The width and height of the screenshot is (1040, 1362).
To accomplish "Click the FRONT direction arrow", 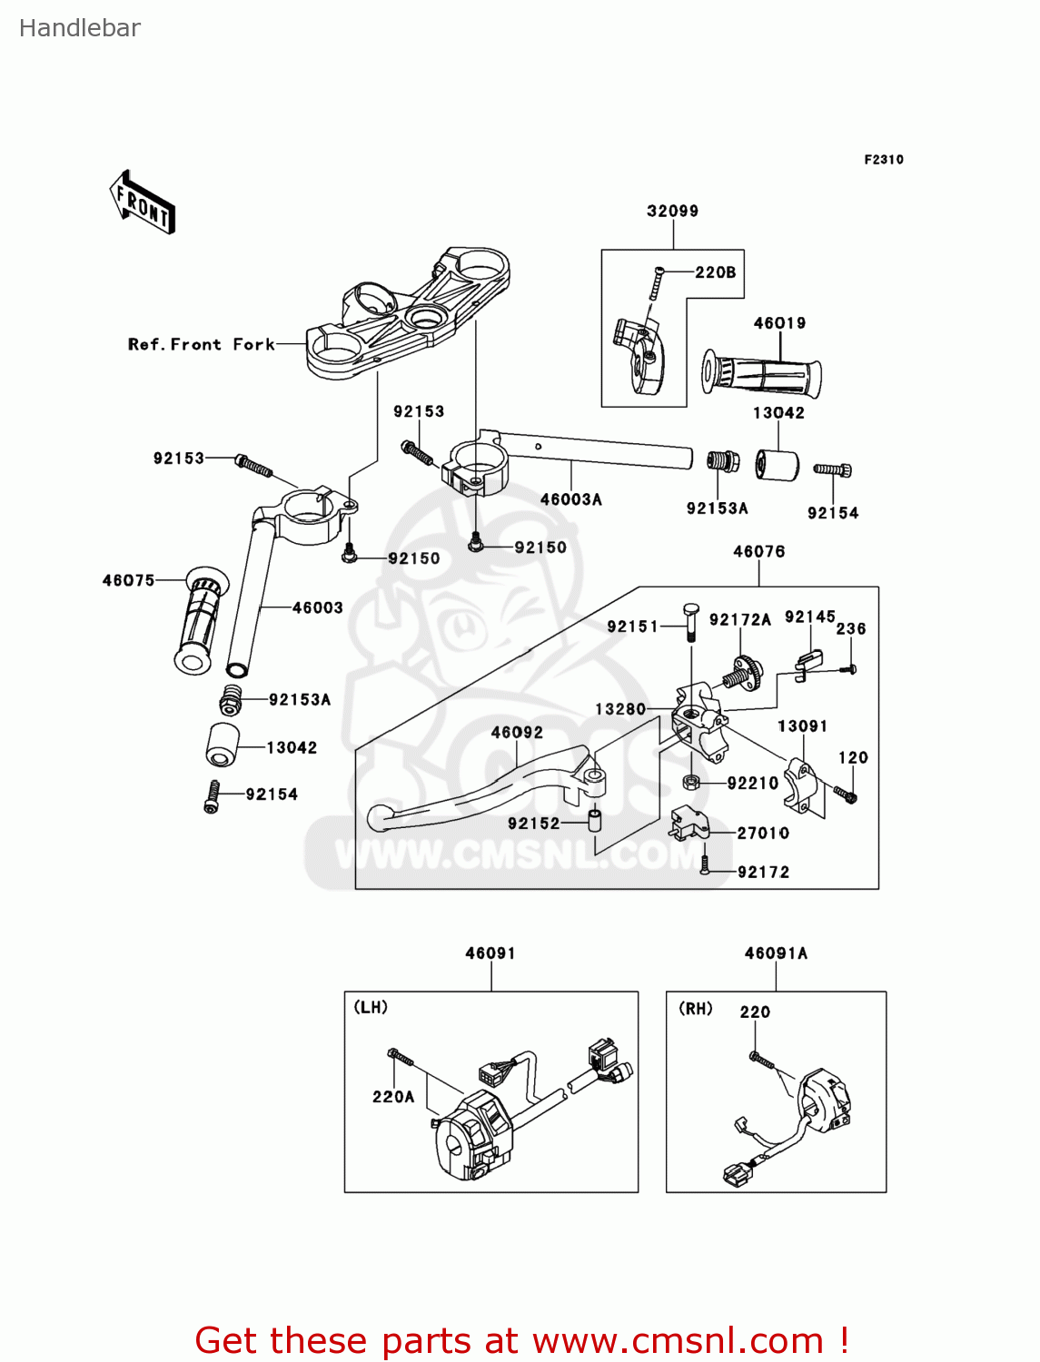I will pos(143,202).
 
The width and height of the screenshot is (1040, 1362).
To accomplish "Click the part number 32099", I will pos(672,212).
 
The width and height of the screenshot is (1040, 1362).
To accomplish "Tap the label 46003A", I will pos(570,499).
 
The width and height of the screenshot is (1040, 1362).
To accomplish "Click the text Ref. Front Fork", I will pos(201,345).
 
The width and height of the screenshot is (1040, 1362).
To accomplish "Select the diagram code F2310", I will pos(883,160).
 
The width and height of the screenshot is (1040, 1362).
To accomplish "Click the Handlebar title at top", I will pos(80,28).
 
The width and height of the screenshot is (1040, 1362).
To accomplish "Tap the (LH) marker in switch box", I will pos(371,1007).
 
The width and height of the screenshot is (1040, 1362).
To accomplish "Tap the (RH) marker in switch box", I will pos(696,1009).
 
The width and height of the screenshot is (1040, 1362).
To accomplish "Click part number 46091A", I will pos(776,953).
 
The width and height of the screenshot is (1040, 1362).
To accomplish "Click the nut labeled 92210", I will pos(690,782).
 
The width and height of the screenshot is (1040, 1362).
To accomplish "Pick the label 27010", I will pos(763,833).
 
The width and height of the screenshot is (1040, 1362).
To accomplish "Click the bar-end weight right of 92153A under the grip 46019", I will pos(777,465).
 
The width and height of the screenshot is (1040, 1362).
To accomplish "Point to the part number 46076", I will pos(758,552).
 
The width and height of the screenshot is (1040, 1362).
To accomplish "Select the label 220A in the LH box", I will pos(393,1097).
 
